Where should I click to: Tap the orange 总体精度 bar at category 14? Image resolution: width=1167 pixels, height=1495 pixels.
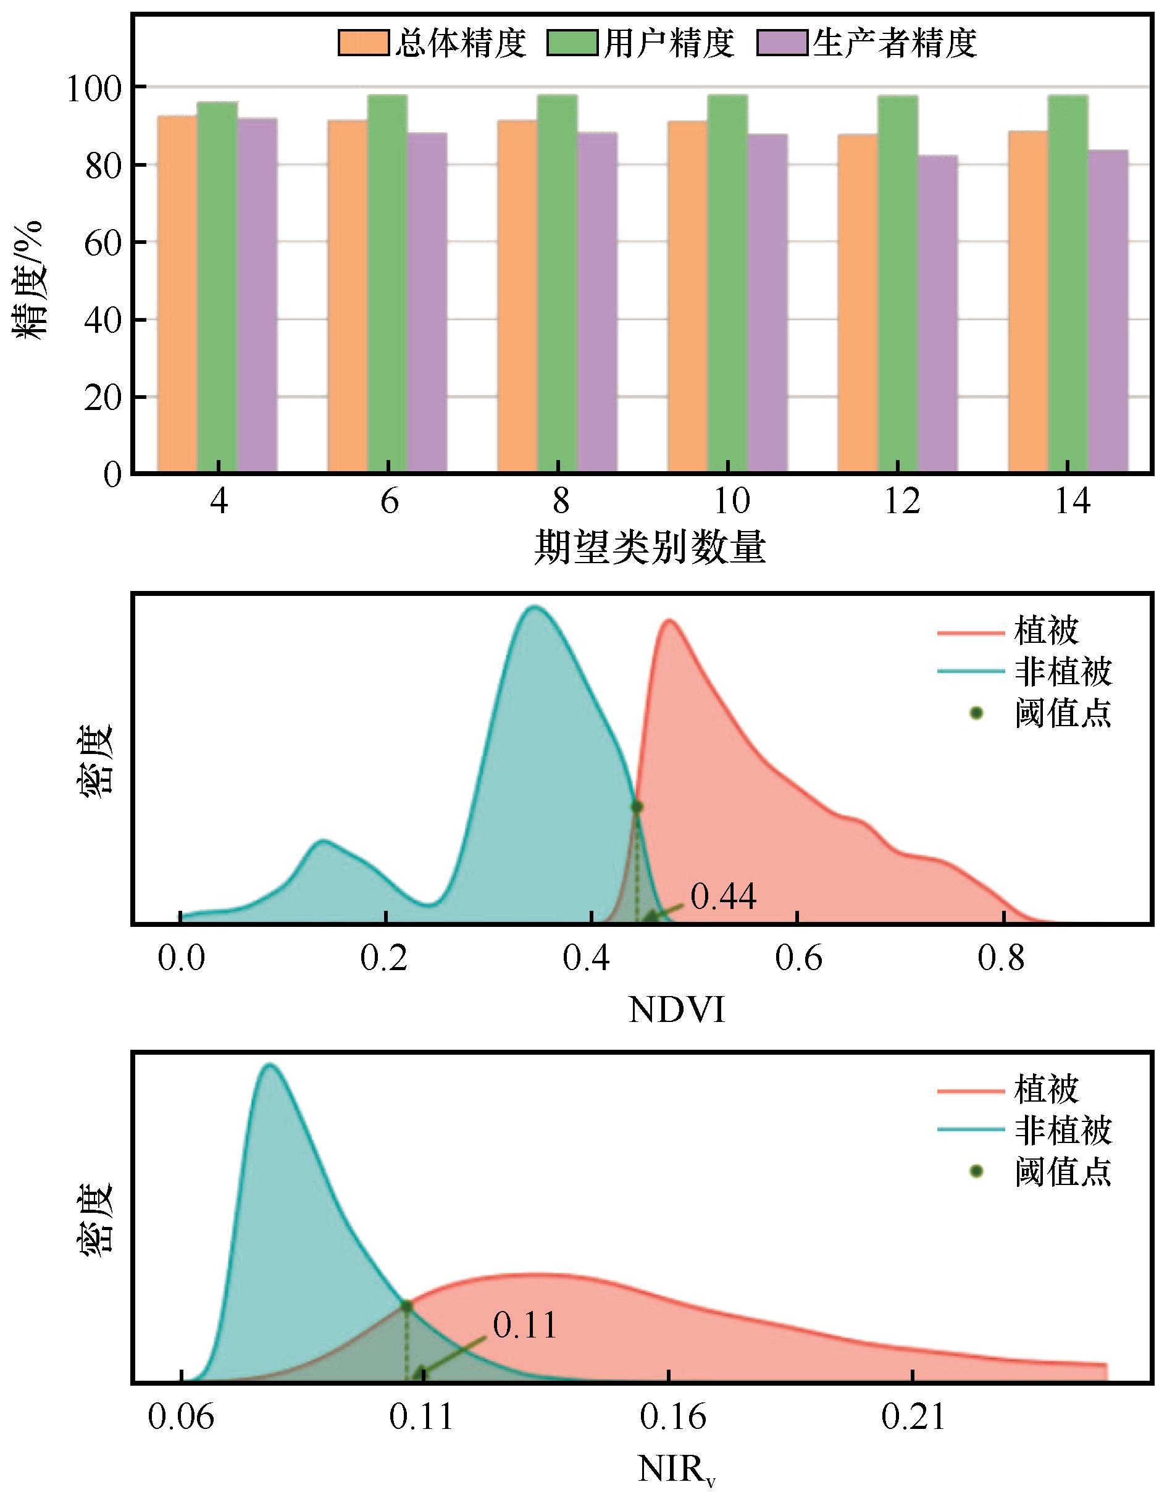click(x=1027, y=301)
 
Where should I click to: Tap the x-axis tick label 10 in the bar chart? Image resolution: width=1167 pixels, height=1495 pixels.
click(x=731, y=502)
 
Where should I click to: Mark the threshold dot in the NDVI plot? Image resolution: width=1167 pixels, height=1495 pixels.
click(x=637, y=808)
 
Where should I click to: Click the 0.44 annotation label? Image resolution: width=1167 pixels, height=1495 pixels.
click(x=724, y=897)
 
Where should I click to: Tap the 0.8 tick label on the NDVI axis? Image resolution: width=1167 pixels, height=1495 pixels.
click(x=1002, y=959)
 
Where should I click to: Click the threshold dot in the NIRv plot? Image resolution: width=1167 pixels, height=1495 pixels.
click(x=406, y=1306)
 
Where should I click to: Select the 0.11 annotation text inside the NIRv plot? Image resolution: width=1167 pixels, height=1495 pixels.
click(x=524, y=1326)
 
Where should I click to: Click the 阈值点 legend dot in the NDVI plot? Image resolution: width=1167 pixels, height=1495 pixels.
click(x=976, y=713)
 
